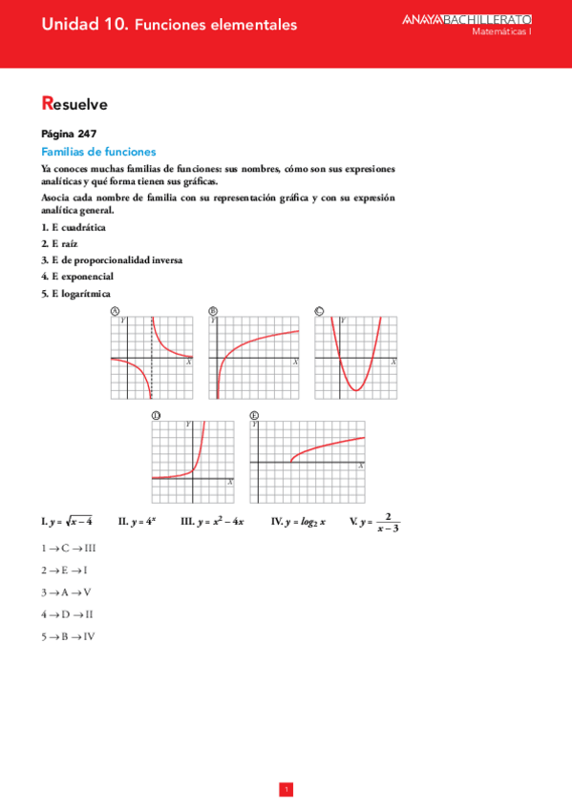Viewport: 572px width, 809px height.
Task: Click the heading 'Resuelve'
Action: click(74, 104)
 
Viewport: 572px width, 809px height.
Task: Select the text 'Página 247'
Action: click(68, 135)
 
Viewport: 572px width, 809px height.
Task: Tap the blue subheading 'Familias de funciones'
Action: click(98, 152)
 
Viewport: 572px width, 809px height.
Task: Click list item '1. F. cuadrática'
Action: click(74, 227)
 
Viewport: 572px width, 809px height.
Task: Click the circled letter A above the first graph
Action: click(115, 311)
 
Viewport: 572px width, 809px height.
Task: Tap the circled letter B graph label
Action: click(212, 311)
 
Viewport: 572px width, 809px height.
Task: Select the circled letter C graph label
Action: click(318, 311)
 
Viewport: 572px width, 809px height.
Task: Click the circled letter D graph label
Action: click(156, 416)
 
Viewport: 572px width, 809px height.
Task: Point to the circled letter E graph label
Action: click(254, 416)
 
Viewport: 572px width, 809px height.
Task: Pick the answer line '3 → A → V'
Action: click(67, 591)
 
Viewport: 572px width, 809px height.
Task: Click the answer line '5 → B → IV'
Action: click(68, 635)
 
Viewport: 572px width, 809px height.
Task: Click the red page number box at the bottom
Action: click(286, 789)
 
